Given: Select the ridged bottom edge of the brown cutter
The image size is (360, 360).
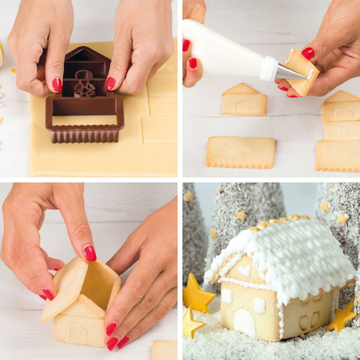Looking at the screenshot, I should click(x=84, y=135).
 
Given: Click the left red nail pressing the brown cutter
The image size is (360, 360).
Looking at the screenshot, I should click(x=57, y=84).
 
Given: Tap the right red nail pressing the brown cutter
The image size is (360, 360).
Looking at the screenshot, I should click(x=111, y=83).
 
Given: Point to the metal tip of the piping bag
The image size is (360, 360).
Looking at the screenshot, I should click(x=291, y=73).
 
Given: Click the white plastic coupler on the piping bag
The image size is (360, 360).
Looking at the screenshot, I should click(x=268, y=68).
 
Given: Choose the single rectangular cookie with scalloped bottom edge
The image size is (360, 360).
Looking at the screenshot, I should click(x=240, y=152).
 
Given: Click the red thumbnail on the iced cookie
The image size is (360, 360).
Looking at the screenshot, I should click(x=308, y=53).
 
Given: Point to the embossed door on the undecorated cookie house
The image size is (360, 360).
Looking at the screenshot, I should click(x=79, y=334).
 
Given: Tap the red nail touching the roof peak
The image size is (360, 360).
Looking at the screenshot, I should click(x=89, y=253).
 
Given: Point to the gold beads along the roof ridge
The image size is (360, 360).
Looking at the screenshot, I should click(x=278, y=221).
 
